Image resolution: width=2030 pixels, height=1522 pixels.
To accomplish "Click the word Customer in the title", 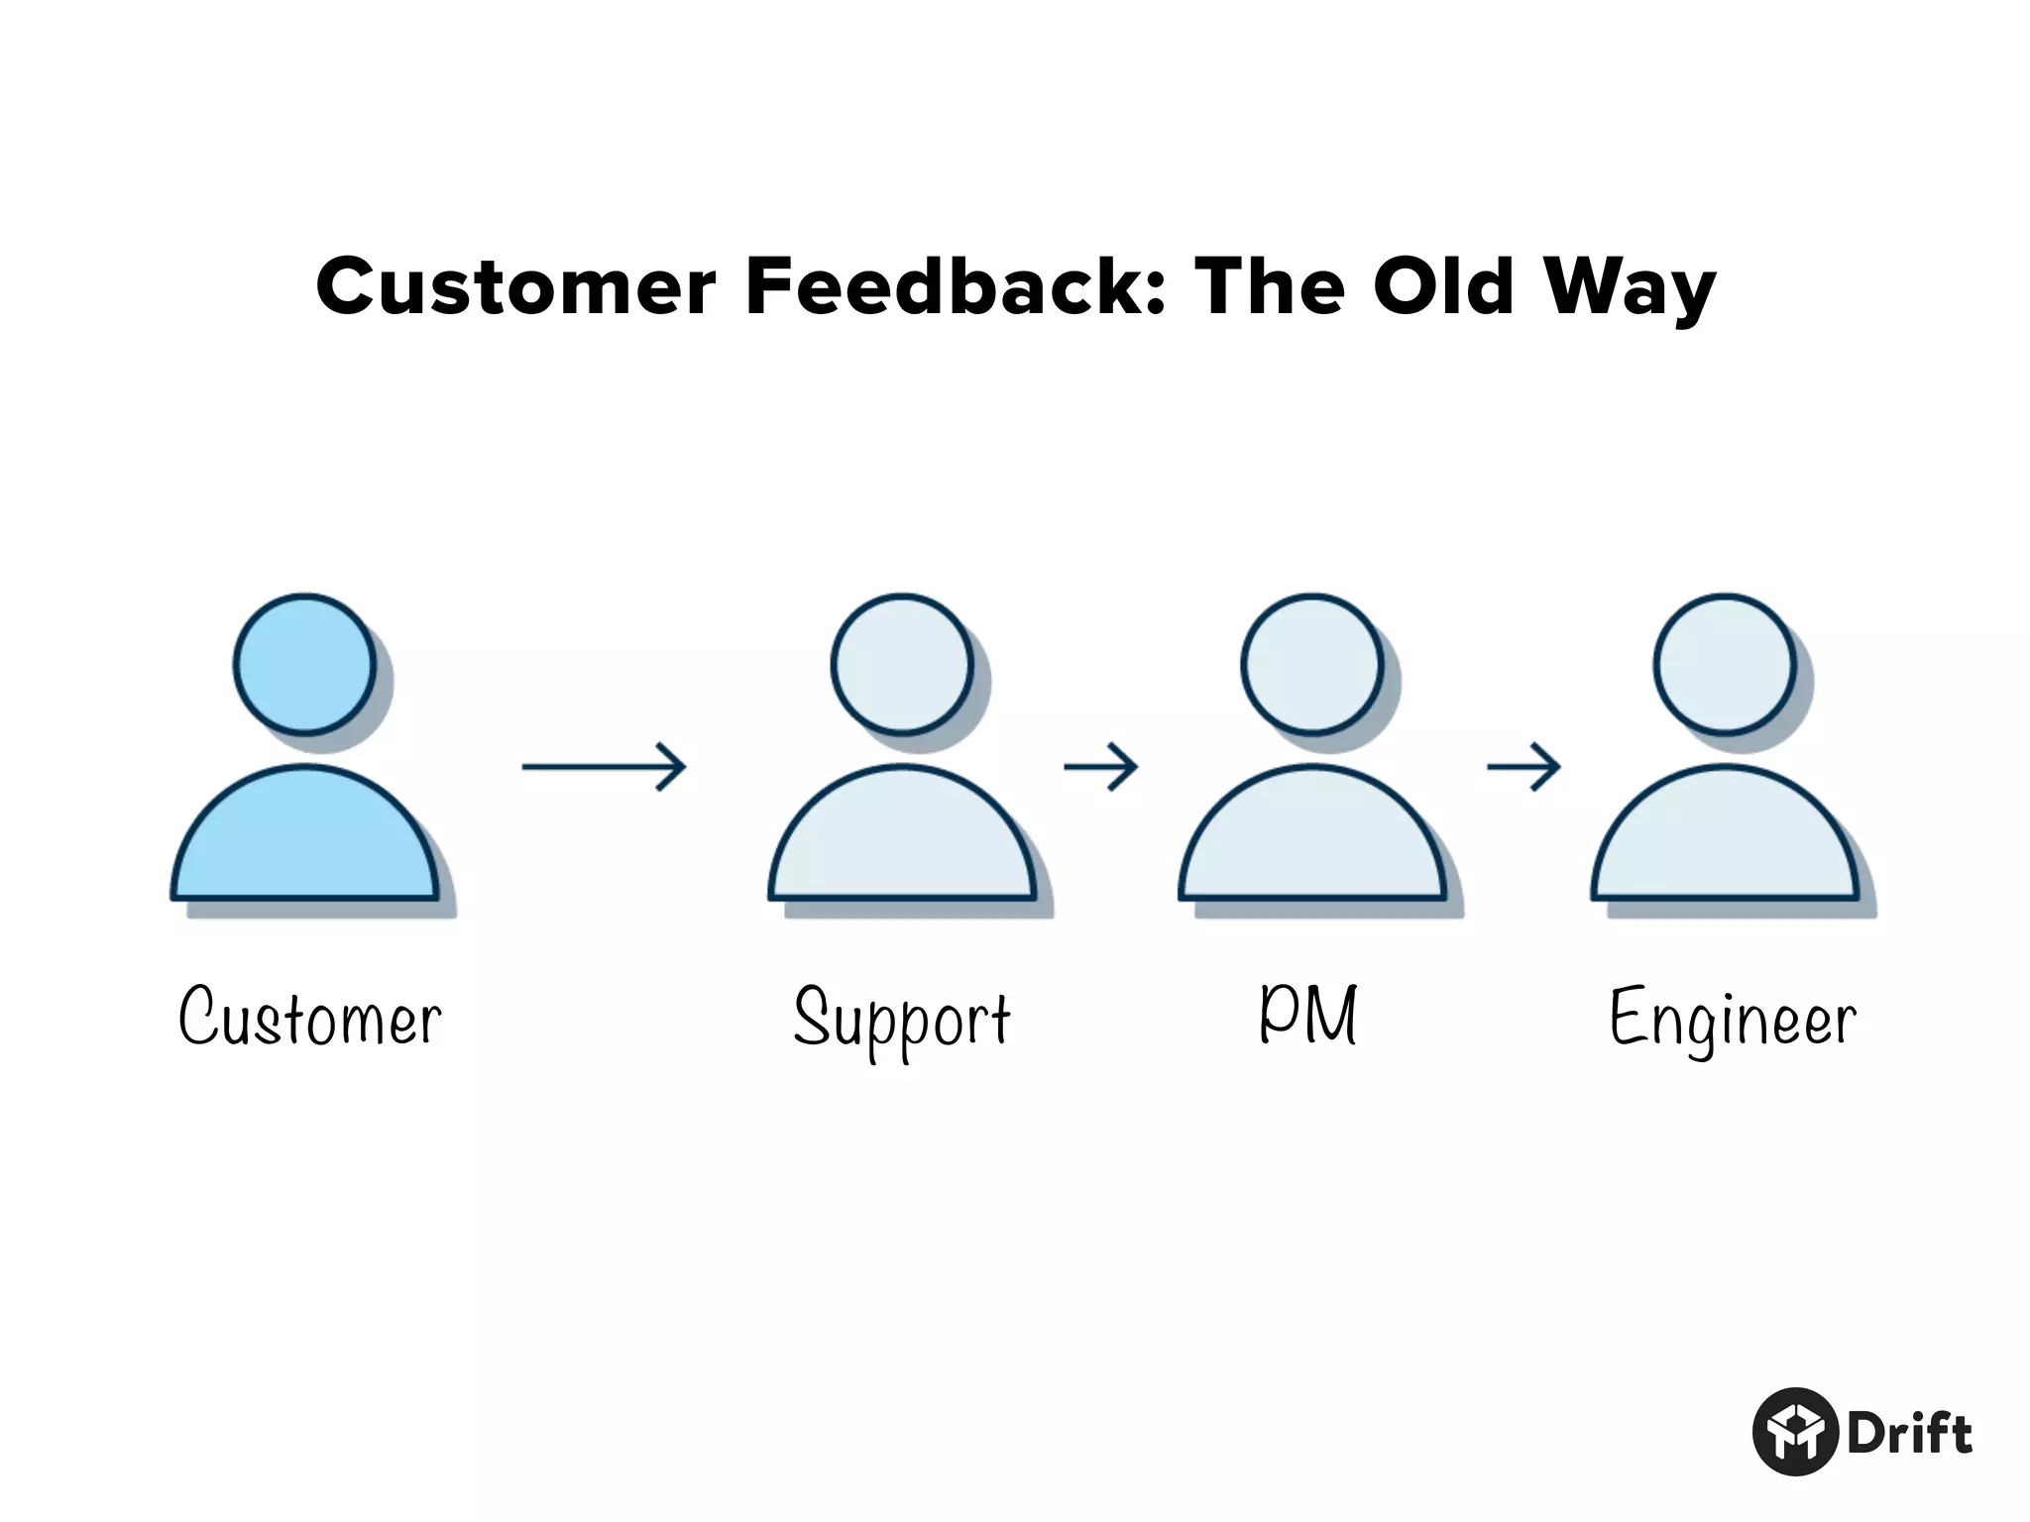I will tap(515, 286).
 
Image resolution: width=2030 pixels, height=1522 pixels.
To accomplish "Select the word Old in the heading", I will tap(1443, 286).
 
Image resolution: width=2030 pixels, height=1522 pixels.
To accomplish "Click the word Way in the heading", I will tap(1630, 288).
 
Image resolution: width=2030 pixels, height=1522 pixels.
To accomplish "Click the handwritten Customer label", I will tap(310, 1017).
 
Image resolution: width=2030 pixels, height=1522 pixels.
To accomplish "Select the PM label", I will tap(1308, 1015).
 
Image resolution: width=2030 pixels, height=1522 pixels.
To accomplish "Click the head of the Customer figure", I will tap(305, 664).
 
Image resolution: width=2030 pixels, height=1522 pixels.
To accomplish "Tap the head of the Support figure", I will tap(902, 664).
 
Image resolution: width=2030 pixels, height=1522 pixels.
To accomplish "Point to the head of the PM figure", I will tap(1312, 664).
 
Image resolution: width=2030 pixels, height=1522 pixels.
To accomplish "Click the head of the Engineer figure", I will tap(1725, 664).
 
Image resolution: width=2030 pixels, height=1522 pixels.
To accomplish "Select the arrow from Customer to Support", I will tap(604, 766).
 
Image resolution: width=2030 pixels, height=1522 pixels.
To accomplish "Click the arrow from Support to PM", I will tap(1100, 766).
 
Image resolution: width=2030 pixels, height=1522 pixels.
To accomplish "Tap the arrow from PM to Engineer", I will tap(1523, 766).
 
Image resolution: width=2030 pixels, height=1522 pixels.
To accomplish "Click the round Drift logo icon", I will tap(1796, 1432).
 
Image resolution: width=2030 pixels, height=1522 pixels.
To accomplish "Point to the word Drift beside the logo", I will tap(1910, 1434).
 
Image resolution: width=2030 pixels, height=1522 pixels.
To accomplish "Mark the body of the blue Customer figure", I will tap(305, 842).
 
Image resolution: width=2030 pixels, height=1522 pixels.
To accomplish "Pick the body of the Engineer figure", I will tap(1725, 842).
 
